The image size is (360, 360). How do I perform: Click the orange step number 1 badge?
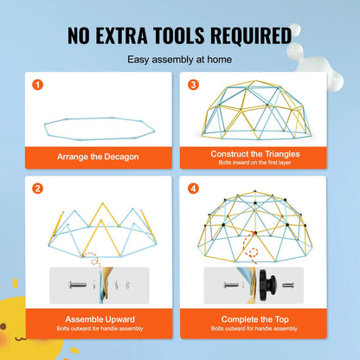(x=37, y=85)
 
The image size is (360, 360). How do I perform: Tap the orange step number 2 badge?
(x=37, y=189)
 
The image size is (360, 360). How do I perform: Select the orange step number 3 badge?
(x=193, y=85)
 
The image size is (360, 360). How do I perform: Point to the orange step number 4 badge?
(x=193, y=189)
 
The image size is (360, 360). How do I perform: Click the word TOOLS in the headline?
(x=178, y=35)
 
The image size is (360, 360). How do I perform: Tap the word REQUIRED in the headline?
(x=251, y=36)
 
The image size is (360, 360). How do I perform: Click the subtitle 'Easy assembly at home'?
(x=180, y=60)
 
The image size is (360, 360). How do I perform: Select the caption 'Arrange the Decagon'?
(x=98, y=157)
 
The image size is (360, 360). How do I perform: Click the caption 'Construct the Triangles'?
(x=255, y=154)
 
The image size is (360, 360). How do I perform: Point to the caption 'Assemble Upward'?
(x=100, y=319)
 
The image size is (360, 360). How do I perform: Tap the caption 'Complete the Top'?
(x=255, y=319)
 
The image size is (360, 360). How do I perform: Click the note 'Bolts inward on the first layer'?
(x=254, y=163)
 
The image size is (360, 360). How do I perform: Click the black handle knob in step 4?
(x=267, y=285)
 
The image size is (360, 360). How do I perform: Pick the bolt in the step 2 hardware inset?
(x=77, y=286)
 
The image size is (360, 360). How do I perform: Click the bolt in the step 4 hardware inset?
(x=231, y=286)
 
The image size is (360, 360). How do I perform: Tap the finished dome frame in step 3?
(x=256, y=110)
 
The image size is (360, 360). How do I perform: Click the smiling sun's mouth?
(x=21, y=337)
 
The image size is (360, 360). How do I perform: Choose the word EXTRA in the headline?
(x=121, y=35)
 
